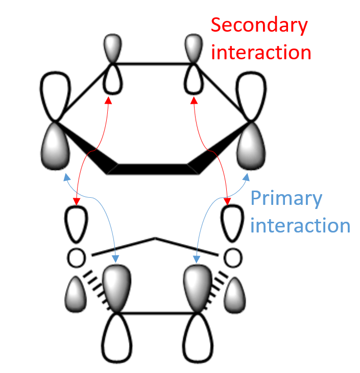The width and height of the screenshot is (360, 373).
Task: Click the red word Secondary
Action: [259, 26]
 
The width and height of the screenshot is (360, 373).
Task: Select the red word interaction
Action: [261, 52]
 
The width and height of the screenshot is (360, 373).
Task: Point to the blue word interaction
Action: [300, 225]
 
